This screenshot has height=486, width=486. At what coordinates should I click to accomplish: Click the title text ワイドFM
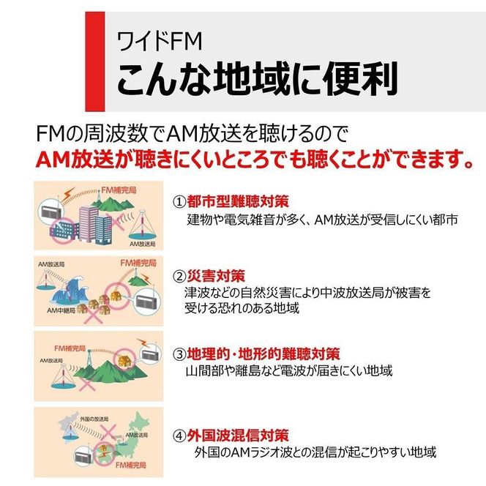tap(160, 41)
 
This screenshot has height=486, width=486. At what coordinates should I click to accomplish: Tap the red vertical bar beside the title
tap(95, 61)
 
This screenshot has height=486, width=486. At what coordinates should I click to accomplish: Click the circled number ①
tap(179, 202)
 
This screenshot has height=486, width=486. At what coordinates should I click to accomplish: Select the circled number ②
tap(179, 276)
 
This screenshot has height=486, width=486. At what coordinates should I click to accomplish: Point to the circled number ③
tap(179, 354)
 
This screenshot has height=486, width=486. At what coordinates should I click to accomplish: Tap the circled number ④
tap(179, 435)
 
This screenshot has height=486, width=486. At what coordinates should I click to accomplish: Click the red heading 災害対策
tap(216, 275)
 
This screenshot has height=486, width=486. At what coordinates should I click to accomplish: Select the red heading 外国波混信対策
tap(238, 435)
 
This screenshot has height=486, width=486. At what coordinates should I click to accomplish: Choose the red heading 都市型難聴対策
tap(238, 201)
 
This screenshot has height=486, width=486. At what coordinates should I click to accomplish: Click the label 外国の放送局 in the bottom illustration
tap(94, 419)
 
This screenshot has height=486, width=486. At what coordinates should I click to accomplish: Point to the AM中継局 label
tap(61, 310)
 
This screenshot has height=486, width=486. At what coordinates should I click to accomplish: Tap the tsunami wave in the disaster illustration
tap(69, 291)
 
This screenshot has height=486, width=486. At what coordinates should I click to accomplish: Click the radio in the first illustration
tap(51, 211)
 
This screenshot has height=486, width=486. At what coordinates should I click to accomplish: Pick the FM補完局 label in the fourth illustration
tap(130, 465)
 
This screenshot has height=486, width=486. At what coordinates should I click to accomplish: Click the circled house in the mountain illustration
tap(125, 360)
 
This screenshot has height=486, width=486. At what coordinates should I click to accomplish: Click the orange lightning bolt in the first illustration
tap(69, 194)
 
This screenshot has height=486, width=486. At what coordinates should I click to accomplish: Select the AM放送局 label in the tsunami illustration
tap(51, 264)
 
